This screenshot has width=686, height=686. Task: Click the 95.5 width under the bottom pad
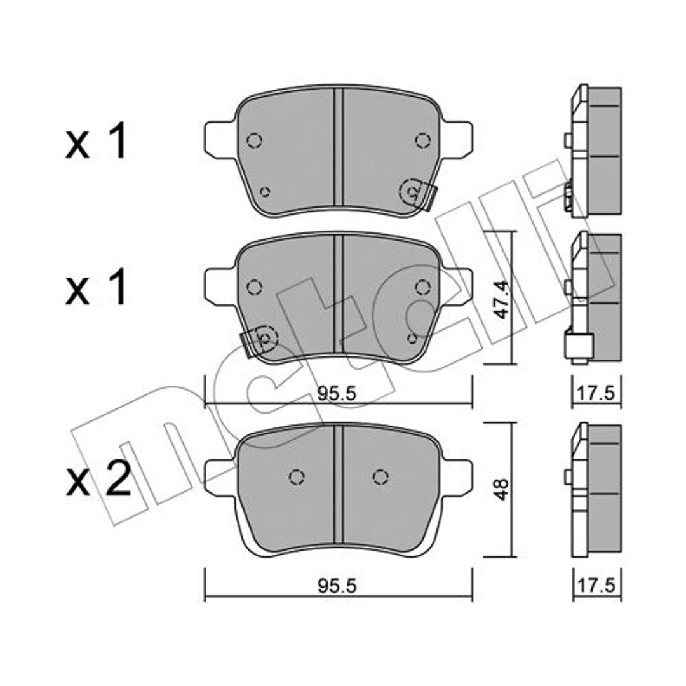click(x=337, y=586)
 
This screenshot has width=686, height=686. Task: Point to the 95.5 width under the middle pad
click(x=337, y=394)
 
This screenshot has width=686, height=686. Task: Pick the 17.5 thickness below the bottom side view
click(x=596, y=585)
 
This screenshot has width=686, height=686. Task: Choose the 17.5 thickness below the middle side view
click(x=596, y=393)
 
